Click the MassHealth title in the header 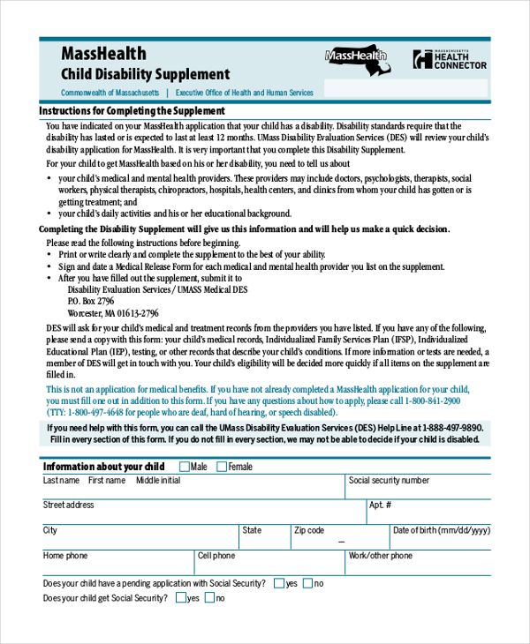point(103,54)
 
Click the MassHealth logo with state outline point(356,57)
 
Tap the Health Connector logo point(450,58)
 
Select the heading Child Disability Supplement point(145,75)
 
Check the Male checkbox point(185,467)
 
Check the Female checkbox point(222,467)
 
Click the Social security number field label point(389,481)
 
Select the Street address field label point(68,505)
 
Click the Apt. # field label point(380,505)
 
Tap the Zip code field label point(309,531)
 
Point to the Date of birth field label point(441,531)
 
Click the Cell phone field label point(216,556)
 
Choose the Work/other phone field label point(380,556)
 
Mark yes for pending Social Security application point(278,583)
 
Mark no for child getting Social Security point(209,598)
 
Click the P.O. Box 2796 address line point(91,301)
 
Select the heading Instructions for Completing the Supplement point(132,112)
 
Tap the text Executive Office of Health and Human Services point(244,93)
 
